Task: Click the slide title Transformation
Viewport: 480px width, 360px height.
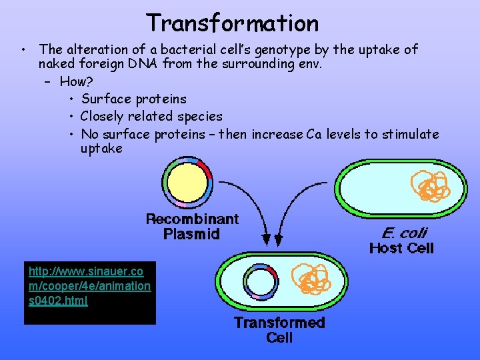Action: pyautogui.click(x=233, y=23)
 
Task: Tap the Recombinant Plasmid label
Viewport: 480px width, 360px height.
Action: pyautogui.click(x=192, y=227)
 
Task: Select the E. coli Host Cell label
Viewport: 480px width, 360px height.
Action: pyautogui.click(x=402, y=241)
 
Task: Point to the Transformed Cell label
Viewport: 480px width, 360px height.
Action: pyautogui.click(x=279, y=330)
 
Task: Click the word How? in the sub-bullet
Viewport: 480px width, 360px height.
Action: pyautogui.click(x=77, y=82)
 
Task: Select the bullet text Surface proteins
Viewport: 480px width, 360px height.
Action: pyautogui.click(x=134, y=99)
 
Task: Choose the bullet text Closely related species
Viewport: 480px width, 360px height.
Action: pyautogui.click(x=151, y=117)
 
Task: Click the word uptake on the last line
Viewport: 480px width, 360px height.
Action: pyautogui.click(x=101, y=149)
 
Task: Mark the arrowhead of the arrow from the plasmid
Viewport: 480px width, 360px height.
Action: pyautogui.click(x=267, y=237)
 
